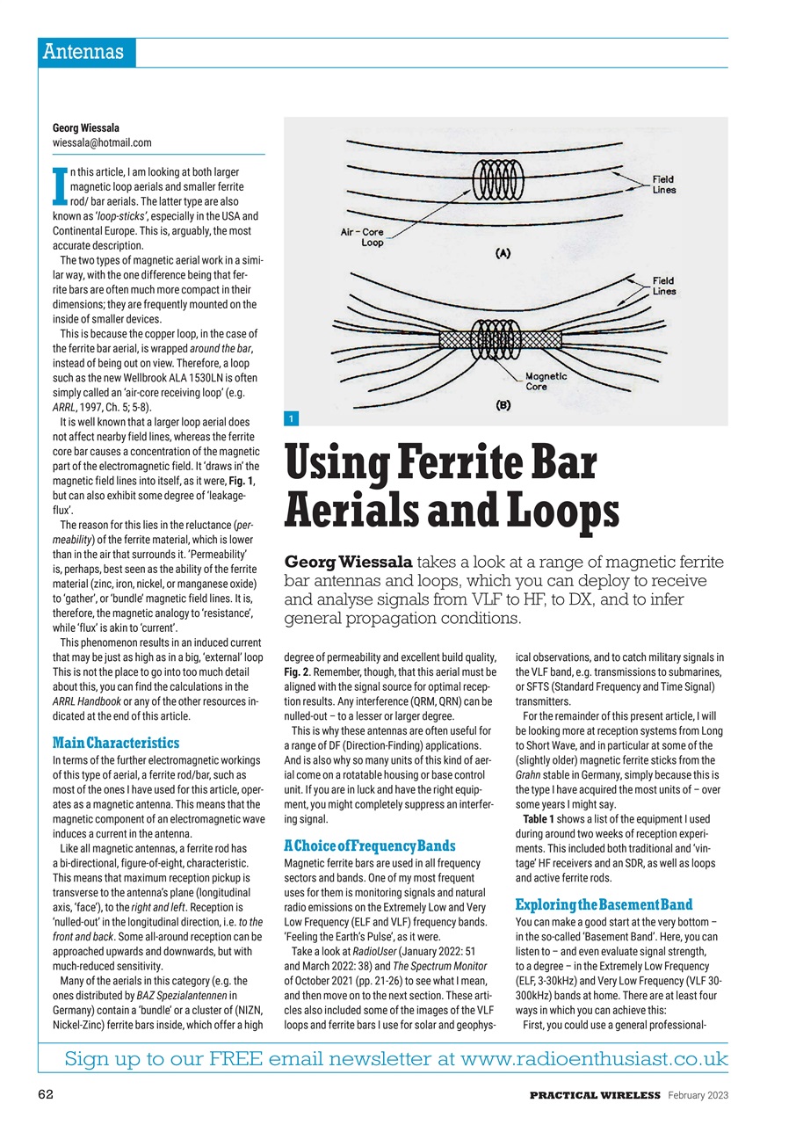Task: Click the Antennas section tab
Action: (x=85, y=52)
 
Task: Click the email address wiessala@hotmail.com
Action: (x=102, y=142)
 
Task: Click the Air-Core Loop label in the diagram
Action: (x=362, y=237)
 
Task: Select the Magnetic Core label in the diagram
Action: (x=546, y=381)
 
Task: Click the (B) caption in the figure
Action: (x=503, y=407)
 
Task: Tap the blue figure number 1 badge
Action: (x=292, y=418)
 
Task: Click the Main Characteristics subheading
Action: (x=116, y=743)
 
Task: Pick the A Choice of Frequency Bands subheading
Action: (x=370, y=846)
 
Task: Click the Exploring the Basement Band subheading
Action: (x=604, y=904)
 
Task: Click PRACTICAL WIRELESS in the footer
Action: (x=594, y=1095)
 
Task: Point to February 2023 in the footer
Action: (x=697, y=1095)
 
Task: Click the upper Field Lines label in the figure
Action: (x=663, y=185)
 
